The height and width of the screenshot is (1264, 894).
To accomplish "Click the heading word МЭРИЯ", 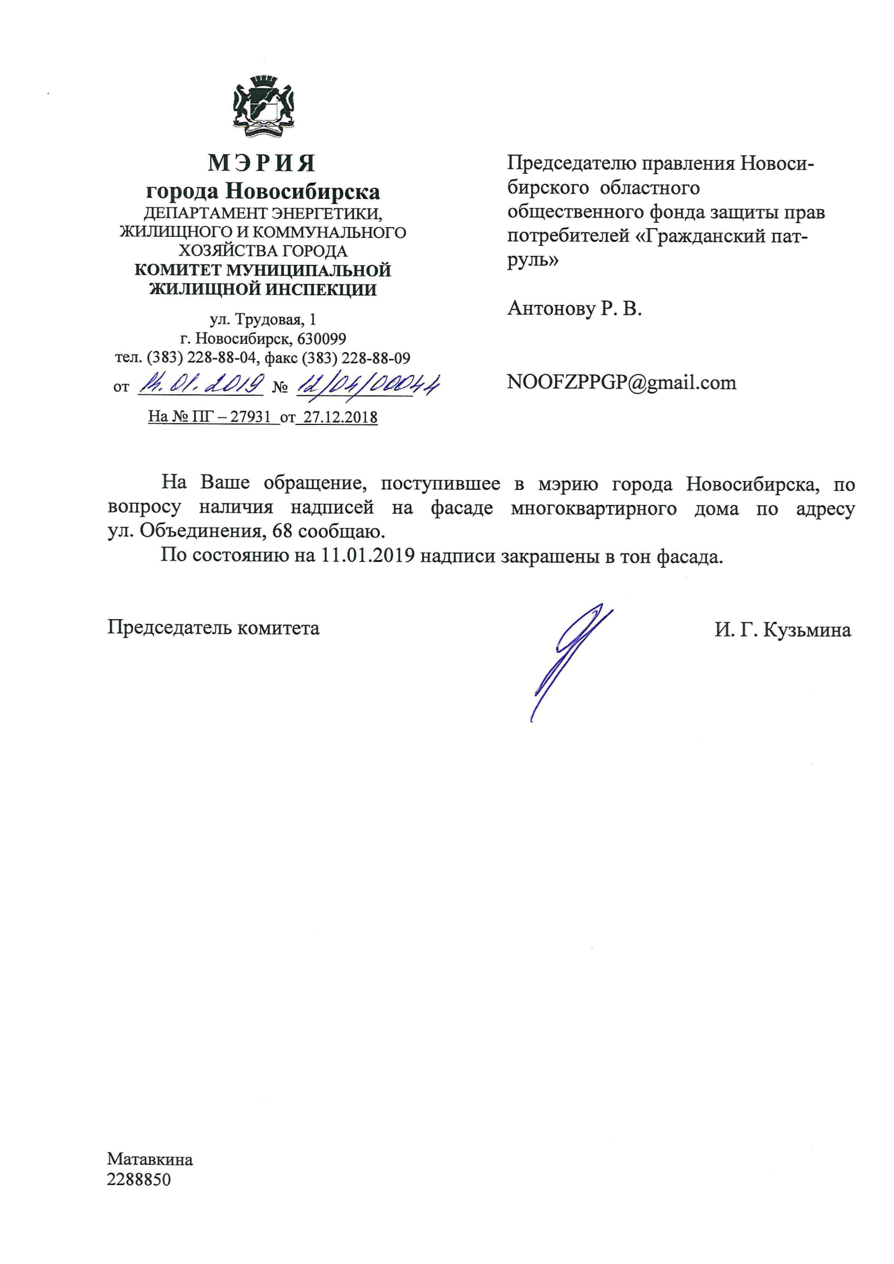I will point(262,163).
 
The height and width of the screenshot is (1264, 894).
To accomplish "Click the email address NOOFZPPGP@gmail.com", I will point(621,382).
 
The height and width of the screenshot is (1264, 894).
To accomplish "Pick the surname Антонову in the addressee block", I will point(551,308).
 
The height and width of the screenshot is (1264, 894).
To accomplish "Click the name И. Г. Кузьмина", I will point(782,630).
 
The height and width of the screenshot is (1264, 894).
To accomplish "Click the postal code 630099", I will point(322,338).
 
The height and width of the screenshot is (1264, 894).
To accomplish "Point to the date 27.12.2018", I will point(340,417).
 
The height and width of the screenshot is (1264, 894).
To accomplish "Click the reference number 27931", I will point(250,417).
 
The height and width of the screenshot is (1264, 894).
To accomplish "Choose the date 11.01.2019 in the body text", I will point(368,555).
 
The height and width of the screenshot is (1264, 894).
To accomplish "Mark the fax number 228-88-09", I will point(376,358).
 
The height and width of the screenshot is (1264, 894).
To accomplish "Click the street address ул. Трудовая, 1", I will point(263,320).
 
